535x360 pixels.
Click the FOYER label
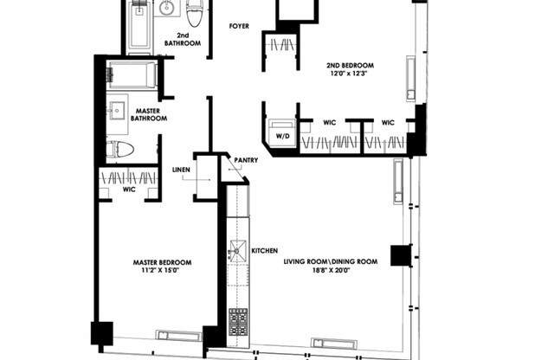[239, 27]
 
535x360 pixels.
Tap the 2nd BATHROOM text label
[183, 39]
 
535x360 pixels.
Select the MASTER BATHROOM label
[148, 115]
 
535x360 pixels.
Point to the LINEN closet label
[181, 170]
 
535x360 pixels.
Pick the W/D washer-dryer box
[282, 137]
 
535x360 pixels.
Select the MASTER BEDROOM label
[161, 262]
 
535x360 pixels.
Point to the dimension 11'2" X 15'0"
[161, 271]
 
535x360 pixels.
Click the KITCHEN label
[264, 251]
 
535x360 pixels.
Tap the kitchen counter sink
[236, 253]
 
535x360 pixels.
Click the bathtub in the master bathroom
[132, 75]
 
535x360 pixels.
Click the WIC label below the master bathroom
[129, 189]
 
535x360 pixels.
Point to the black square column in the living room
[399, 255]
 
